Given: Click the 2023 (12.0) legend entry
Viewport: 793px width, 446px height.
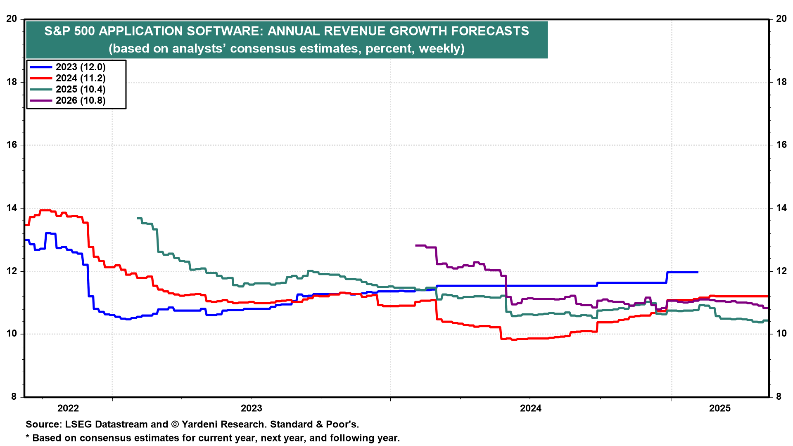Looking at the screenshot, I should click(81, 67).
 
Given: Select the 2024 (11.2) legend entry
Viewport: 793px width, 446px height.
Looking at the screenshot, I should click(81, 78).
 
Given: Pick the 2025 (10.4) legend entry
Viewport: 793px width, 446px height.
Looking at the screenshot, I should click(81, 90).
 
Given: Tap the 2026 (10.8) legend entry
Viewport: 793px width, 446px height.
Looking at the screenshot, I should click(81, 101).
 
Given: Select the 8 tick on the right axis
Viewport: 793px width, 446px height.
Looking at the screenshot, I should click(781, 397).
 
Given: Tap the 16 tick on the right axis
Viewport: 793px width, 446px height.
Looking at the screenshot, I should click(781, 145).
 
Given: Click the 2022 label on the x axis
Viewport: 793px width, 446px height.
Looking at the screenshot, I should click(68, 408).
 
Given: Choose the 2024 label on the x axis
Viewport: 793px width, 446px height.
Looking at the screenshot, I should click(531, 408).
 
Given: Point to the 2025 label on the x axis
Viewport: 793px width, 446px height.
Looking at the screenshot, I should click(720, 408).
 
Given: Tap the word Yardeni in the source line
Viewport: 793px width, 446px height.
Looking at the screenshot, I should click(201, 425).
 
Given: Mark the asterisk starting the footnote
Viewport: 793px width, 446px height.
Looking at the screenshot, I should click(28, 437).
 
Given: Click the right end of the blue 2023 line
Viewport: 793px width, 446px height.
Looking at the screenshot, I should click(698, 272).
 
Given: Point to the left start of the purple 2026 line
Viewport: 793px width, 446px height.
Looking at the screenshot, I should click(416, 245).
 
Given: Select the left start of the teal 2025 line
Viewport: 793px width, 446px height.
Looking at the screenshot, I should click(138, 218).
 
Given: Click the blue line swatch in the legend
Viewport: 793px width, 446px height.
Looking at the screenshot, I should click(41, 67).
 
